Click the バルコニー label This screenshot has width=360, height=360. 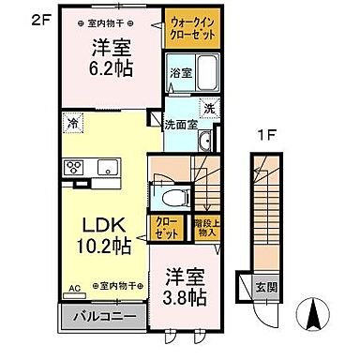click(102, 317)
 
